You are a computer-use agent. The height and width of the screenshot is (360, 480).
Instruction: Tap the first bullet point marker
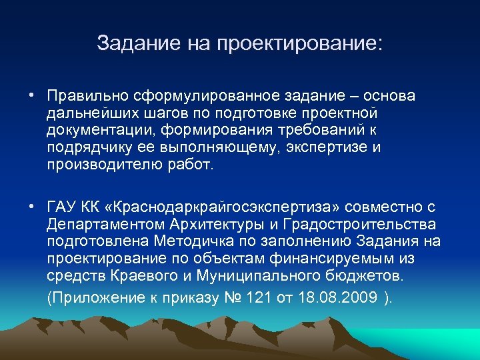tap(32, 95)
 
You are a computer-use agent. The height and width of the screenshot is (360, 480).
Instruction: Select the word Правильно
tap(87, 96)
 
